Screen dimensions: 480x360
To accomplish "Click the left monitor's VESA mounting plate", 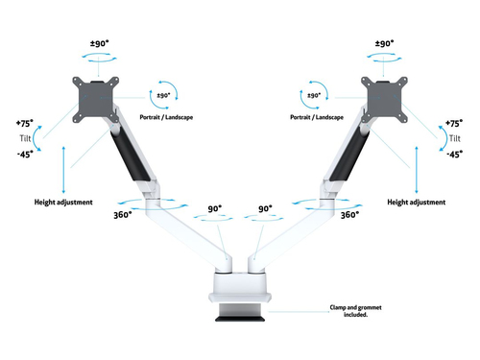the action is click(96, 100).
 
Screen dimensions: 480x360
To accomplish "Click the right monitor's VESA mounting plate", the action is click(384, 100).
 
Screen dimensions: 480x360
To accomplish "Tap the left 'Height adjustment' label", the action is click(63, 203).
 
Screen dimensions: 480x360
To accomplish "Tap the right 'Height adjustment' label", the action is click(417, 203).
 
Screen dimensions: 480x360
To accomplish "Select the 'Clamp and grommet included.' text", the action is click(355, 311).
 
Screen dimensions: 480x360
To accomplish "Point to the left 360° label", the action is click(123, 215).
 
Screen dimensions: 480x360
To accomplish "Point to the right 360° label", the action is click(349, 215).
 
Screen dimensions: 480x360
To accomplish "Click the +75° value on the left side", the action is click(25, 123).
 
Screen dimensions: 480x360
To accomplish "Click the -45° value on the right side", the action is click(454, 155).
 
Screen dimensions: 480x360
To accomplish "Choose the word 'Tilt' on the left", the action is click(25, 138).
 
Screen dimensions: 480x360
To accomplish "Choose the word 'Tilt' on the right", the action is click(455, 138).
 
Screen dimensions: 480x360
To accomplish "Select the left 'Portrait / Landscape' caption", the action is click(166, 117).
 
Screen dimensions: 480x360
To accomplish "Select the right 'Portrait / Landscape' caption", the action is click(317, 117).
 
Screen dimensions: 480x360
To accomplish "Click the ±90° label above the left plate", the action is click(99, 43).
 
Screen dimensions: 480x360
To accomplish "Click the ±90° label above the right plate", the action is click(384, 43).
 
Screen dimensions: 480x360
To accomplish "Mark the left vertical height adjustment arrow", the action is click(63, 170).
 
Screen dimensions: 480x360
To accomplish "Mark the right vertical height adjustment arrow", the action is click(417, 170).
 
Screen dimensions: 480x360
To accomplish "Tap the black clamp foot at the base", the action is click(240, 319).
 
